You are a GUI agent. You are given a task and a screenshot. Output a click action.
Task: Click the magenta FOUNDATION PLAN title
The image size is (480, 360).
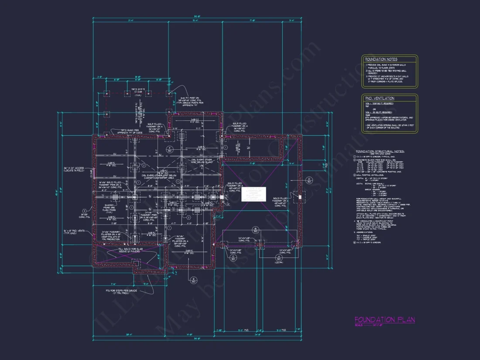[x=384, y=320]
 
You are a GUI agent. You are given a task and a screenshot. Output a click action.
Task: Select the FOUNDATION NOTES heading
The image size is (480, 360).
[x=381, y=59]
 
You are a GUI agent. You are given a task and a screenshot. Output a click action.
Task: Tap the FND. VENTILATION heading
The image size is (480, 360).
[x=380, y=99]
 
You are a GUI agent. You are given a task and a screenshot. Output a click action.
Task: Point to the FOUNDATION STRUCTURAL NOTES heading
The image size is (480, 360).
[x=380, y=151]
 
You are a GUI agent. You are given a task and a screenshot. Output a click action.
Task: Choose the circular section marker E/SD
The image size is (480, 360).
[x=193, y=281]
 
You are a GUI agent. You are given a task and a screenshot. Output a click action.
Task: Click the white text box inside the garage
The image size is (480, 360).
[x=254, y=194]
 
